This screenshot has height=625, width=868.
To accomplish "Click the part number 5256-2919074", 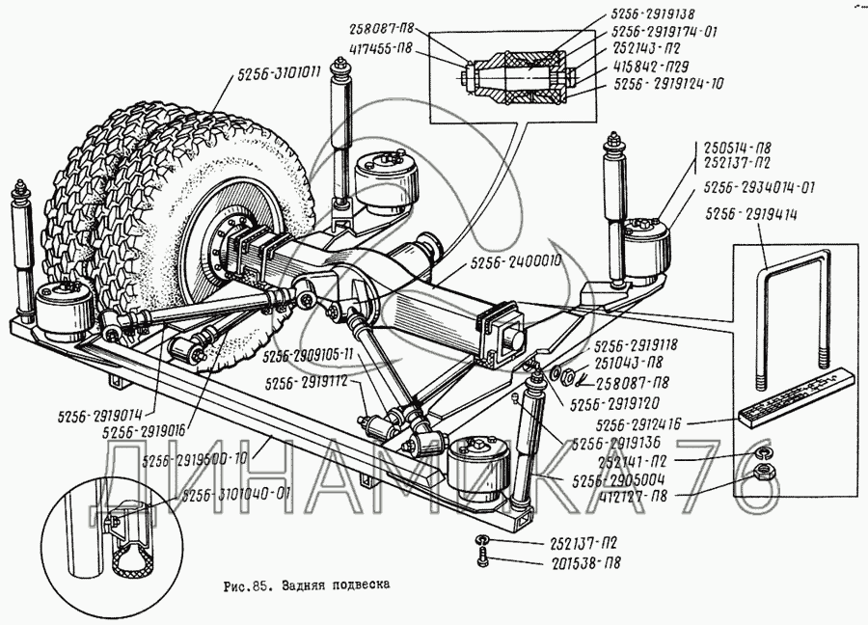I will point(96,418).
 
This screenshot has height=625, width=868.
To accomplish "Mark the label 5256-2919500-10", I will point(195,459).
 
